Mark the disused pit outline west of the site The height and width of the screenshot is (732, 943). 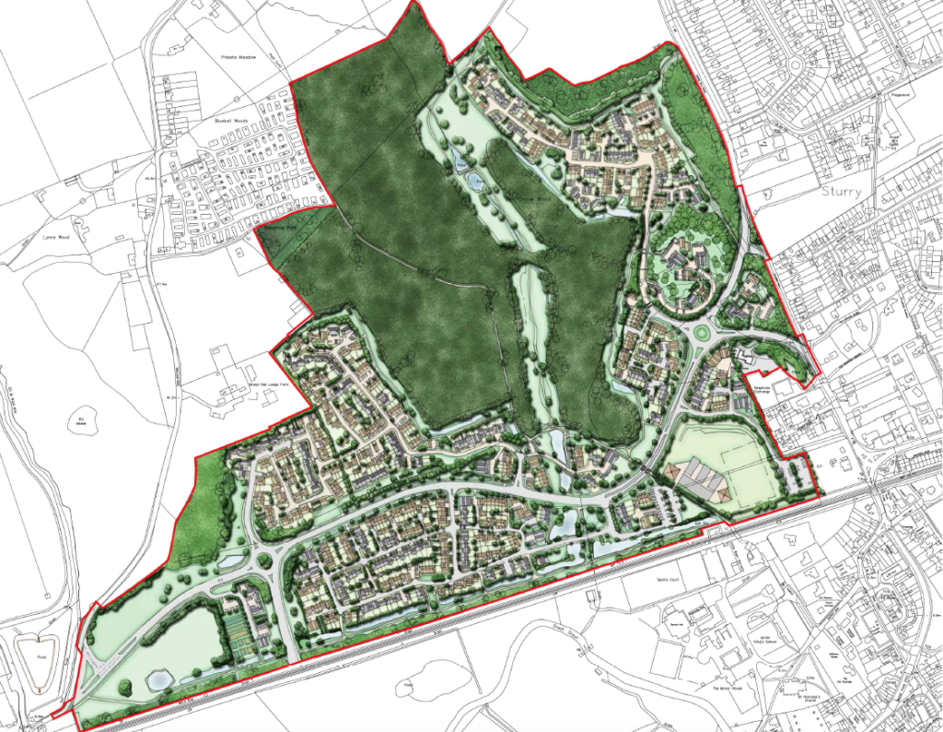coord(81,420)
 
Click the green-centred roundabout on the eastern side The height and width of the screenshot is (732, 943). coord(704,334)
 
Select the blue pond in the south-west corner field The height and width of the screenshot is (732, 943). coord(157,679)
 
